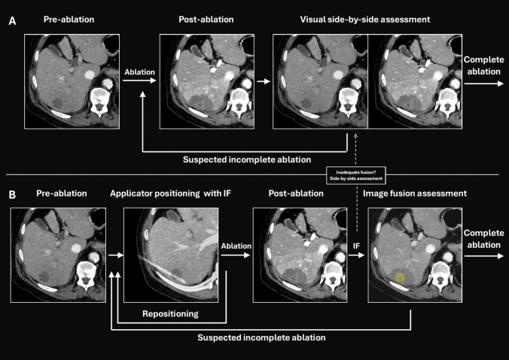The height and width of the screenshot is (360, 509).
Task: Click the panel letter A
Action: click(x=12, y=23)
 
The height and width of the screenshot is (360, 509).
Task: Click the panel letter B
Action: click(x=12, y=194)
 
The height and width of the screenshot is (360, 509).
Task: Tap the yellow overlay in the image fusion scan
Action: click(x=400, y=277)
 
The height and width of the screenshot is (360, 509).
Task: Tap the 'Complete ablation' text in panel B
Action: click(x=484, y=239)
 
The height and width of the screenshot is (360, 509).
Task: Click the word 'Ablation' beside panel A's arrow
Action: click(x=140, y=72)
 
